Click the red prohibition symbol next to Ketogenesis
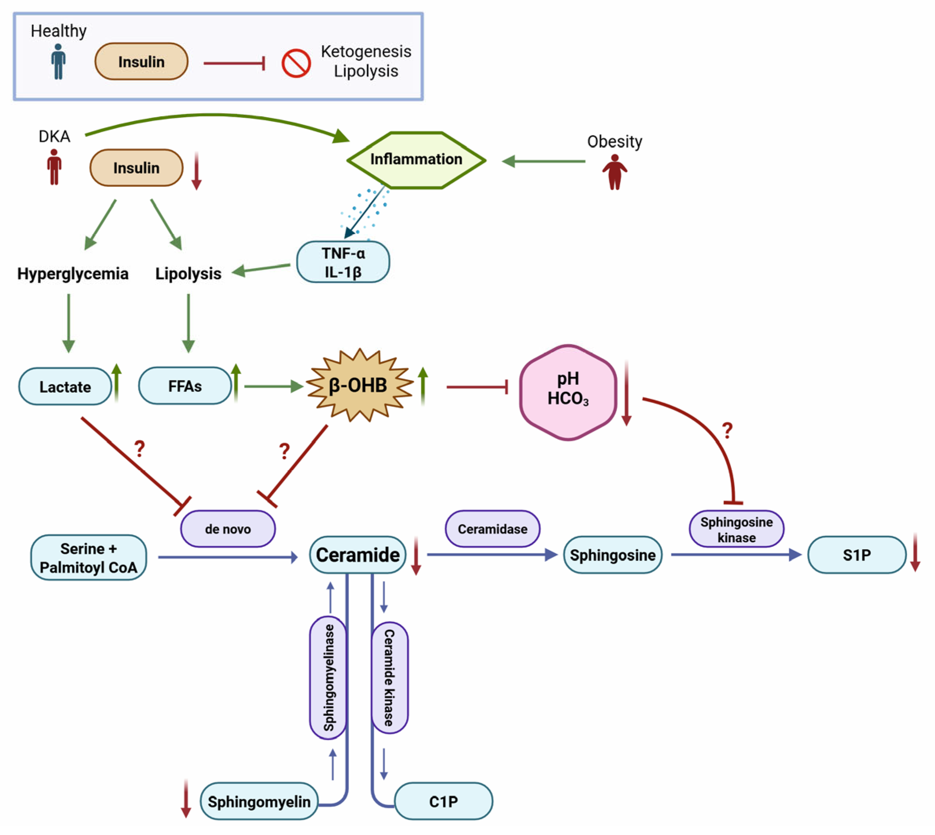[296, 63]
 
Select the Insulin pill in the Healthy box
[141, 61]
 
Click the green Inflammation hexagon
[416, 160]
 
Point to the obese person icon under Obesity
[614, 172]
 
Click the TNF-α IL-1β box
[343, 263]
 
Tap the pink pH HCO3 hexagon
[568, 393]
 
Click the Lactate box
[65, 387]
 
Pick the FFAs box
[185, 386]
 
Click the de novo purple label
[228, 529]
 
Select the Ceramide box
[358, 555]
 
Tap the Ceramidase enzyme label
[492, 529]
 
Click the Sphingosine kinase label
[736, 530]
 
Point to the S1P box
[856, 555]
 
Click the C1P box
[443, 802]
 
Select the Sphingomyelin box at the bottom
[259, 802]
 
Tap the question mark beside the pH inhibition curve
[727, 430]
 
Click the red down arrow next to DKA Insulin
[196, 171]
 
